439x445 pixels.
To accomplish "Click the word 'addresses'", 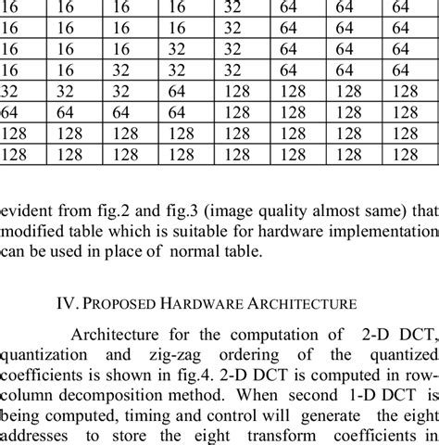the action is [38, 439].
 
